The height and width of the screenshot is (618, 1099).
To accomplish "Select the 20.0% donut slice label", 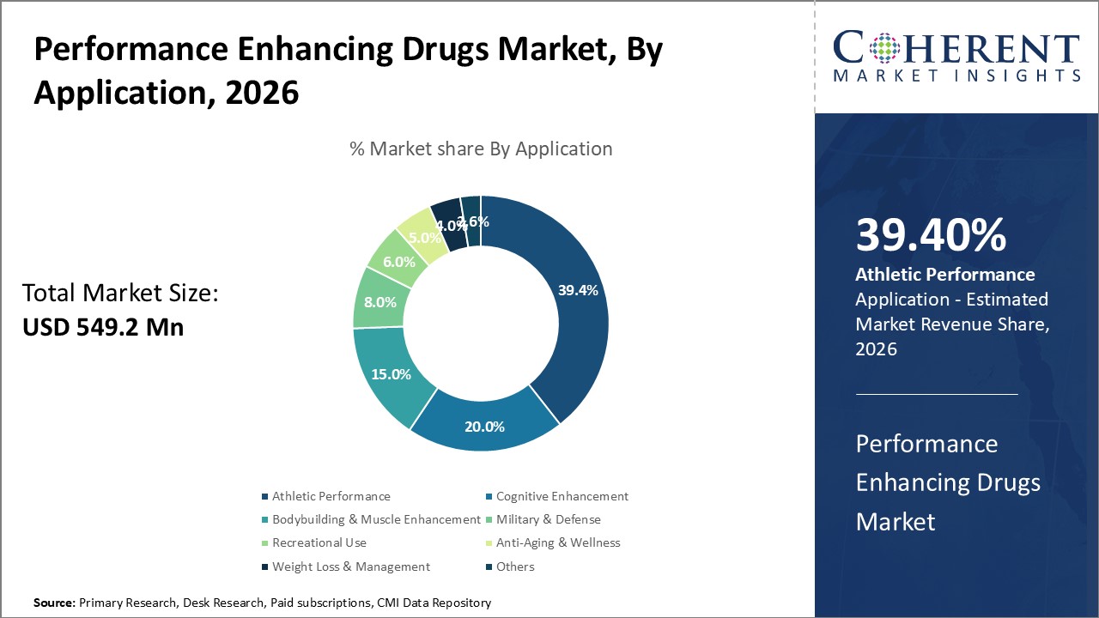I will pyautogui.click(x=484, y=427).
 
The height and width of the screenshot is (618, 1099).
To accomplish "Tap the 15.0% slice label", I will pyautogui.click(x=390, y=374).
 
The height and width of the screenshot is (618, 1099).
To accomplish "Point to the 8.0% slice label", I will pyautogui.click(x=379, y=302).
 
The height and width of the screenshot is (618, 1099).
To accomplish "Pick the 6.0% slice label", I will pyautogui.click(x=399, y=262).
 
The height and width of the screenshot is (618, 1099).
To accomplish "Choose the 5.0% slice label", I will pyautogui.click(x=423, y=237).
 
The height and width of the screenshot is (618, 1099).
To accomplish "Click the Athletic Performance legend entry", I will pyautogui.click(x=331, y=496).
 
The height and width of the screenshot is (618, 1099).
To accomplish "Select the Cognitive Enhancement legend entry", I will pyautogui.click(x=562, y=496).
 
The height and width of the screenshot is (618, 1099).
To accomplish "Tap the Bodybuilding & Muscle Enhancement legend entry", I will pyautogui.click(x=376, y=519).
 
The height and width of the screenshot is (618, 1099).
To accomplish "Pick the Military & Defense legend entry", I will pyautogui.click(x=548, y=519).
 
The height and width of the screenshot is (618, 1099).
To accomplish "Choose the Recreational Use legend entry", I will pyautogui.click(x=319, y=542).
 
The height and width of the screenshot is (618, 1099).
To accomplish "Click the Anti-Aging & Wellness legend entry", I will pyautogui.click(x=557, y=542).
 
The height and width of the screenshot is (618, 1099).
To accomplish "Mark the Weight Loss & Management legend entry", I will pyautogui.click(x=350, y=566).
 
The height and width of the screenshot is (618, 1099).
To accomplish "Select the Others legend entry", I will pyautogui.click(x=514, y=566).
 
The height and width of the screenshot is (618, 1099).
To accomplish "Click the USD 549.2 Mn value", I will pyautogui.click(x=103, y=327).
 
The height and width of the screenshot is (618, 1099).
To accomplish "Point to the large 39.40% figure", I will pyautogui.click(x=931, y=235).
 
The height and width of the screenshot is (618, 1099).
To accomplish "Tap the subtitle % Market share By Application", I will pyautogui.click(x=481, y=148).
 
